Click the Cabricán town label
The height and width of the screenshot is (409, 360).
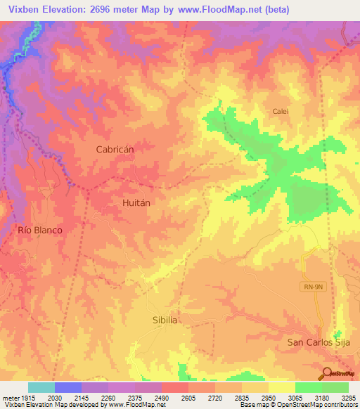click(x=115, y=149)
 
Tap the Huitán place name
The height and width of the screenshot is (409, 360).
click(x=131, y=201)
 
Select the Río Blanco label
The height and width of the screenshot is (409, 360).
click(x=40, y=230)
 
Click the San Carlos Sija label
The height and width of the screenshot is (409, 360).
click(x=317, y=342)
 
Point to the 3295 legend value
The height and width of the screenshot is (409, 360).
click(x=348, y=398)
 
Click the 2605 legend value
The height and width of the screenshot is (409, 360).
click(x=188, y=398)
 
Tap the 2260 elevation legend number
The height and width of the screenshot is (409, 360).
click(x=108, y=398)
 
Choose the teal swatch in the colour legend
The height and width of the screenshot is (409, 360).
click(x=41, y=387)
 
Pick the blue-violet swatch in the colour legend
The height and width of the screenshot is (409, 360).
click(x=67, y=387)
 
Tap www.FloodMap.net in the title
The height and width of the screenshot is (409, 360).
click(x=219, y=10)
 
